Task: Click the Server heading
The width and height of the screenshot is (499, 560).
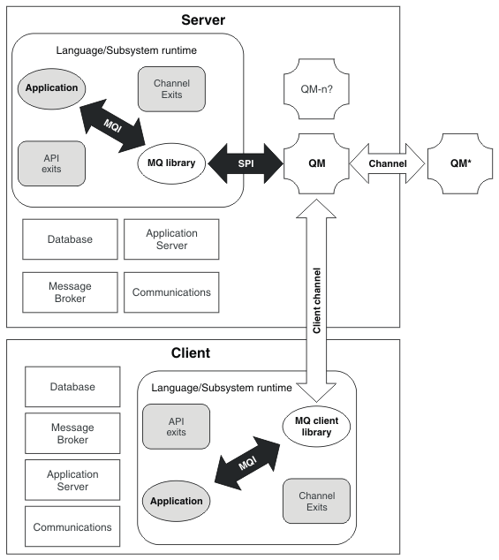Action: click(203, 20)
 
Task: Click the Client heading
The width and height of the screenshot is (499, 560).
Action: click(191, 352)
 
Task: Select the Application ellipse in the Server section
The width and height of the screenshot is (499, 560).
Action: click(51, 88)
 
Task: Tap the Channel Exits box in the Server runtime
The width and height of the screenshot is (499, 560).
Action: click(171, 89)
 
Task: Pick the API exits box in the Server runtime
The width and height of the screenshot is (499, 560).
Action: click(51, 163)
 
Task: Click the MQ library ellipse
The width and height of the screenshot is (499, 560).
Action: click(171, 163)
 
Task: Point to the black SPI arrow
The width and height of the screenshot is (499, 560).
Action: click(246, 163)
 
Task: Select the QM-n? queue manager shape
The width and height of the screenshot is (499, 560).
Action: click(316, 89)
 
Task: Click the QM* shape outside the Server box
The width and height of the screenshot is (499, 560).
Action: click(460, 163)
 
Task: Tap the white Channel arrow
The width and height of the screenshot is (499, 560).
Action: click(387, 163)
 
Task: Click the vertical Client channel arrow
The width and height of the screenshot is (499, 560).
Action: click(316, 300)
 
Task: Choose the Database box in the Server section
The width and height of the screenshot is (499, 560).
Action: click(70, 239)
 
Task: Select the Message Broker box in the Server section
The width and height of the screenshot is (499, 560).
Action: click(70, 292)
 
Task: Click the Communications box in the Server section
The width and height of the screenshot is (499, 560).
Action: click(171, 292)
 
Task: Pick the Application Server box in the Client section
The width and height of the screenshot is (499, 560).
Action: click(72, 480)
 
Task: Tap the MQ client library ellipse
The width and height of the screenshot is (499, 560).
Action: click(316, 427)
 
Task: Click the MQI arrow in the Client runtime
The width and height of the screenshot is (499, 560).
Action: click(247, 463)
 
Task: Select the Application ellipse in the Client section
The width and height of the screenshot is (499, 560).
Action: click(176, 501)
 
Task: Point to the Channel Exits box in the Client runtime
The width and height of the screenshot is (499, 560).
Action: click(316, 501)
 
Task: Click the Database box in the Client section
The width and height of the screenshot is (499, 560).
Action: click(72, 387)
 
